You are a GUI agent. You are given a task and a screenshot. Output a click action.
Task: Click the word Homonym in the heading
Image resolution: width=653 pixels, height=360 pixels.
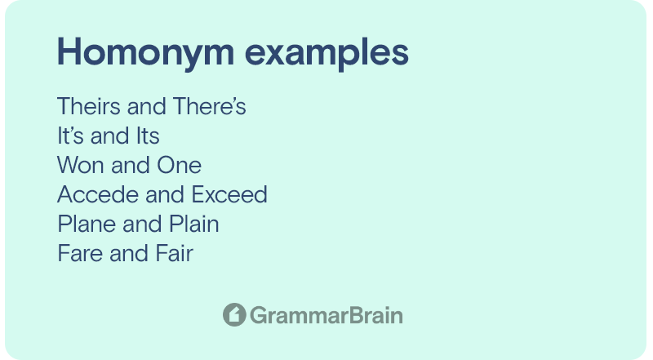(x=146, y=52)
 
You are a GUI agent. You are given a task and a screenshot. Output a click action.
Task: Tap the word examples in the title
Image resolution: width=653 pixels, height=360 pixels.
(x=326, y=52)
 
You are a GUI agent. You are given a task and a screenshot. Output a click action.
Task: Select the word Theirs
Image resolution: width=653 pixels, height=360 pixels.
(x=89, y=106)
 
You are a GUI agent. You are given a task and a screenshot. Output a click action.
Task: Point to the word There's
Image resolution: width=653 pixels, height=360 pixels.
(x=209, y=106)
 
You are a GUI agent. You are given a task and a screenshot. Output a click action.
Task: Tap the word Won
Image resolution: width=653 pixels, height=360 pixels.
(x=80, y=165)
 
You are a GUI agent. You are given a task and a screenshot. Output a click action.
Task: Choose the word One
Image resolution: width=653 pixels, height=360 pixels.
(x=179, y=165)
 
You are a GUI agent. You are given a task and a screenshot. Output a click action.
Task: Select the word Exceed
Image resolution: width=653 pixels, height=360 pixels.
(x=229, y=194)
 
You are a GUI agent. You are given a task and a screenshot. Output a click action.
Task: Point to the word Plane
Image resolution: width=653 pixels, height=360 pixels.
(x=87, y=224)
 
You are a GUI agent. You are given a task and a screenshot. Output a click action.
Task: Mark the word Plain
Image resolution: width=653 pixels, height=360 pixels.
(x=193, y=224)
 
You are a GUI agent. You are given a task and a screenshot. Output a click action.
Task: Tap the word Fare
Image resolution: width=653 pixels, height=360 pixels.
(x=80, y=253)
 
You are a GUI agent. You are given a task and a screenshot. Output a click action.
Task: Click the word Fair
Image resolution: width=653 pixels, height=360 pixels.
(x=174, y=253)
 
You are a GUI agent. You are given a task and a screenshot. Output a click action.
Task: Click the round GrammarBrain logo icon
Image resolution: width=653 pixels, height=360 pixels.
(x=234, y=314)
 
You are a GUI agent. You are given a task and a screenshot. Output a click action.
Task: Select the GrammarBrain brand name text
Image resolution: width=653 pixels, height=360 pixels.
(x=326, y=315)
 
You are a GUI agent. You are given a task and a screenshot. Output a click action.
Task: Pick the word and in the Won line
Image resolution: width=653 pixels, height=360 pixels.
(x=131, y=165)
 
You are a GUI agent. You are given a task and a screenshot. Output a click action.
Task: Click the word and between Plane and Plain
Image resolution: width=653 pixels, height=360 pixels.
(x=142, y=224)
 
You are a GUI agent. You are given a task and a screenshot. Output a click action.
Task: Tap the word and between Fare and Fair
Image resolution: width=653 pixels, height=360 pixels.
(x=129, y=253)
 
